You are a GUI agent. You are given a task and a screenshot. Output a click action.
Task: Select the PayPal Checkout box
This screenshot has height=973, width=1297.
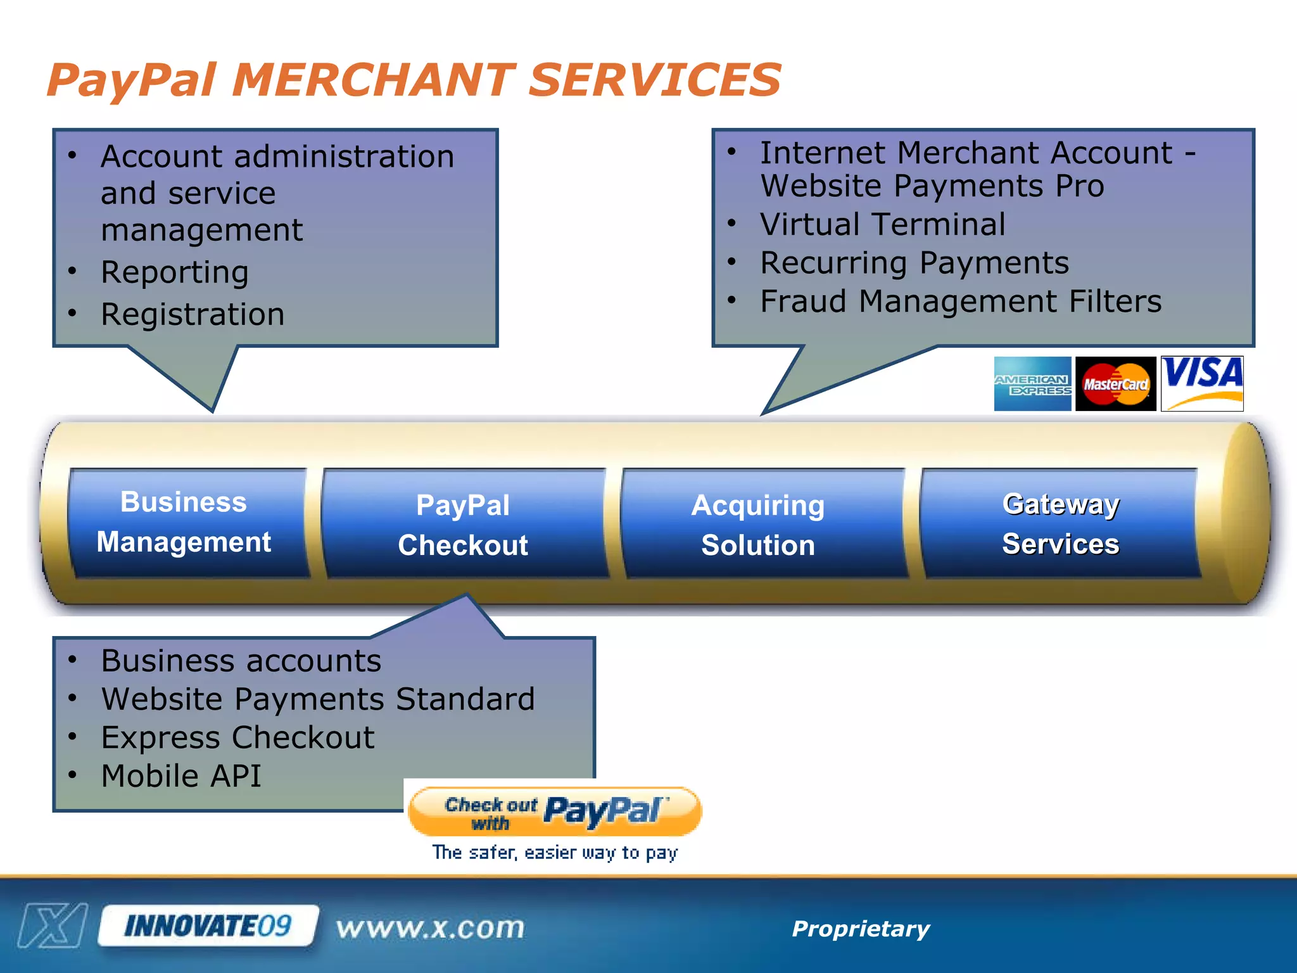point(464,525)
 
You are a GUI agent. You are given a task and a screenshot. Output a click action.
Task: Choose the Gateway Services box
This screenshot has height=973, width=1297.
point(1060,523)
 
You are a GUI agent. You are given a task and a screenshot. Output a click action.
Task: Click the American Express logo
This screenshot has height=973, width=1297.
point(1032,384)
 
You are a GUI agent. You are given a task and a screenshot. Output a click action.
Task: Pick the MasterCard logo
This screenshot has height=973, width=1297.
point(1115,384)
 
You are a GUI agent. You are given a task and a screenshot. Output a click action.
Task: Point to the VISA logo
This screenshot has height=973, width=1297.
point(1202,383)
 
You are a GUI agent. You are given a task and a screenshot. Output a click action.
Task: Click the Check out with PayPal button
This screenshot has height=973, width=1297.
point(555,812)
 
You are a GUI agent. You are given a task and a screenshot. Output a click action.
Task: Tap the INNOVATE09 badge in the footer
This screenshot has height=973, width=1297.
point(208,926)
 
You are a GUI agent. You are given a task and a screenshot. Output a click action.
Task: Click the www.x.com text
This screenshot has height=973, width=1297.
point(431,928)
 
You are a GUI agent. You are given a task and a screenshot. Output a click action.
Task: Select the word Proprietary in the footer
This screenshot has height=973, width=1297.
point(861,929)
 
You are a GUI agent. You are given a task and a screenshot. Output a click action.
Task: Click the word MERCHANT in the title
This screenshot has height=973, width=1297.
point(374,80)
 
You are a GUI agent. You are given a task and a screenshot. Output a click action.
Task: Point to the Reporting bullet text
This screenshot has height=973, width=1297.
point(175,272)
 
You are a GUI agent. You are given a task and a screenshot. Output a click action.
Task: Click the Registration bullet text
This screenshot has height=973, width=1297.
point(193,314)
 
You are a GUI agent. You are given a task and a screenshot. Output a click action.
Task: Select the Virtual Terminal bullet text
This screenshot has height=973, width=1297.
point(882,224)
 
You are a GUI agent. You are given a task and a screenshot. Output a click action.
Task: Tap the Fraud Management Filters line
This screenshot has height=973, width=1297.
point(961,301)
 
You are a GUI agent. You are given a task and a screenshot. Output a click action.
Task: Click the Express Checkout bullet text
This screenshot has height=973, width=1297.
point(237,737)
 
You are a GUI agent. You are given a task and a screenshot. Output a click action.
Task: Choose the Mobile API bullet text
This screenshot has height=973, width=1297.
point(181,776)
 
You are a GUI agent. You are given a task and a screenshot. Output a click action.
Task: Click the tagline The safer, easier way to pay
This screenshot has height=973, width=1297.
point(555,853)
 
